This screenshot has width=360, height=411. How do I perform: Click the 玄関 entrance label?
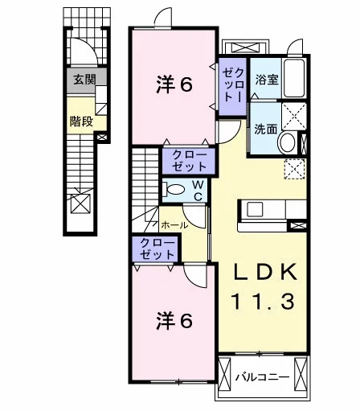tap(84, 80)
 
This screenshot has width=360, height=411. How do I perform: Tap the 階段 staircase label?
tap(81, 121)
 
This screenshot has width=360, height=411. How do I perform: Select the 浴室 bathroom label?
tap(267, 80)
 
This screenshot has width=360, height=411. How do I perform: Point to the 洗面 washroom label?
tap(265, 129)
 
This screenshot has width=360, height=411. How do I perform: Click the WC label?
tap(198, 191)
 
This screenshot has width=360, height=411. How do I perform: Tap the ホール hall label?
tap(174, 225)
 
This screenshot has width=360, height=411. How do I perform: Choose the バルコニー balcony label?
tap(263, 377)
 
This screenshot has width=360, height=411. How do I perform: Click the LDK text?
tap(265, 272)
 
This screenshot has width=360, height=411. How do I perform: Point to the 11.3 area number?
tap(263, 301)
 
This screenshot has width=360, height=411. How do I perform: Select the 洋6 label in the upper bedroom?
tap(174, 85)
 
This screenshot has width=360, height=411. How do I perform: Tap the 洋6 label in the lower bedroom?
tap(174, 321)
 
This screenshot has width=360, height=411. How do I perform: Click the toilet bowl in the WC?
tap(174, 190)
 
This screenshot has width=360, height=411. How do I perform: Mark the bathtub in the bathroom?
tap(294, 78)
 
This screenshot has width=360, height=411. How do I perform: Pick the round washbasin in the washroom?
tap(287, 142)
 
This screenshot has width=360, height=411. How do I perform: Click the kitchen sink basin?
tap(255, 210)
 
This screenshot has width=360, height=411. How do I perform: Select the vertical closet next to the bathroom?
tap(232, 87)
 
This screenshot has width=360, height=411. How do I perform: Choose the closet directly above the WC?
tap(189, 161)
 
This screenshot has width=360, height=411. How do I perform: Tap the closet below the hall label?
tap(155, 249)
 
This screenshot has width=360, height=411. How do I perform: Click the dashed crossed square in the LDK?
tap(294, 169)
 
